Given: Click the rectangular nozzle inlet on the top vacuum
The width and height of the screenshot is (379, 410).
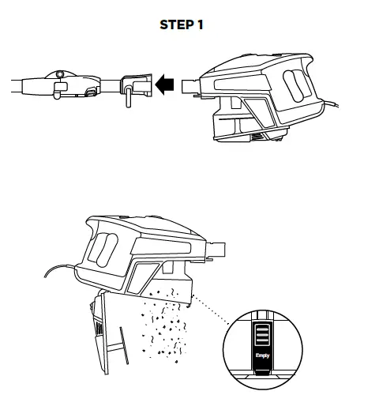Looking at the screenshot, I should click(x=190, y=84).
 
